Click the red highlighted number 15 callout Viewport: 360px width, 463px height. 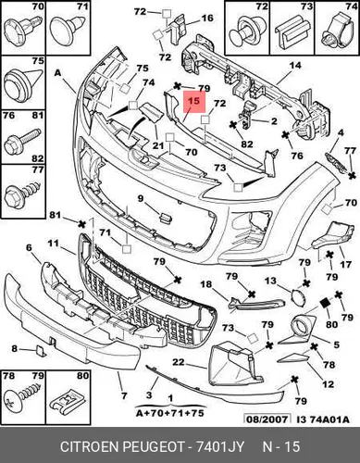[194, 102]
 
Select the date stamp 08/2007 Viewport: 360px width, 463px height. [267, 419]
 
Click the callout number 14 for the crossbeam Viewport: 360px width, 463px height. [295, 66]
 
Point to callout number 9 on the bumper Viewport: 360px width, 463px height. [141, 198]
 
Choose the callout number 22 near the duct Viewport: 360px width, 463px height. [179, 362]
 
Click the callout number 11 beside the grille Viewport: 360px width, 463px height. [53, 244]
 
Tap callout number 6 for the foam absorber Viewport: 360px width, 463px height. [29, 247]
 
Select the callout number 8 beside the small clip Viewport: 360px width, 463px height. [15, 349]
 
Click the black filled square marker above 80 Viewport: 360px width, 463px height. [325, 303]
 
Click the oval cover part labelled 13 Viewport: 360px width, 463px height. [298, 296]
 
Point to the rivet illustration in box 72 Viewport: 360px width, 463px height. [247, 31]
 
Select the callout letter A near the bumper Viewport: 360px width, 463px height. [57, 73]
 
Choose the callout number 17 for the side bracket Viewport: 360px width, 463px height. [345, 265]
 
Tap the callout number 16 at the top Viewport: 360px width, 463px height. [207, 18]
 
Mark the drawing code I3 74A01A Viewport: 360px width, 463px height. [323, 419]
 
